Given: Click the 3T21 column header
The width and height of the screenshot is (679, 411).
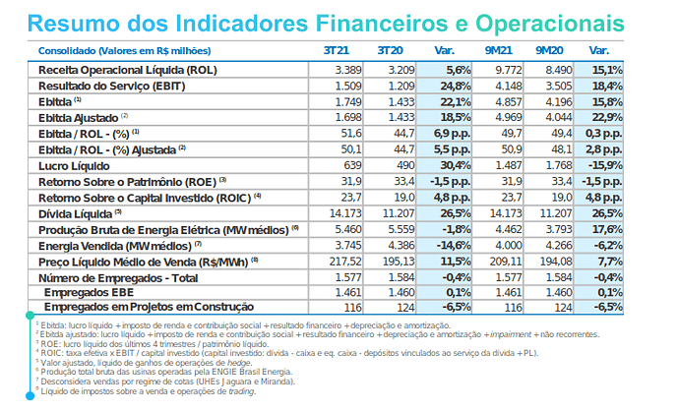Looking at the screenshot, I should (x=337, y=49).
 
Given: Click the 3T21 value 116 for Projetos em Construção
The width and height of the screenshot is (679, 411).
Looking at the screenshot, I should (x=351, y=307).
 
